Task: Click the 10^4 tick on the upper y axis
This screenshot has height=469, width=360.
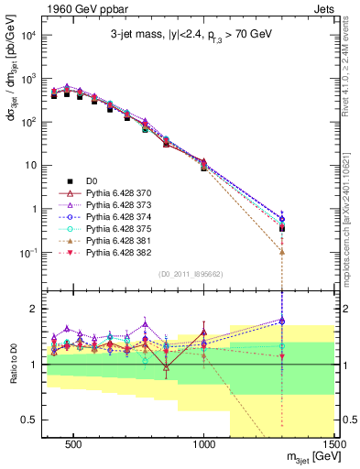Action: tap(27, 35)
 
